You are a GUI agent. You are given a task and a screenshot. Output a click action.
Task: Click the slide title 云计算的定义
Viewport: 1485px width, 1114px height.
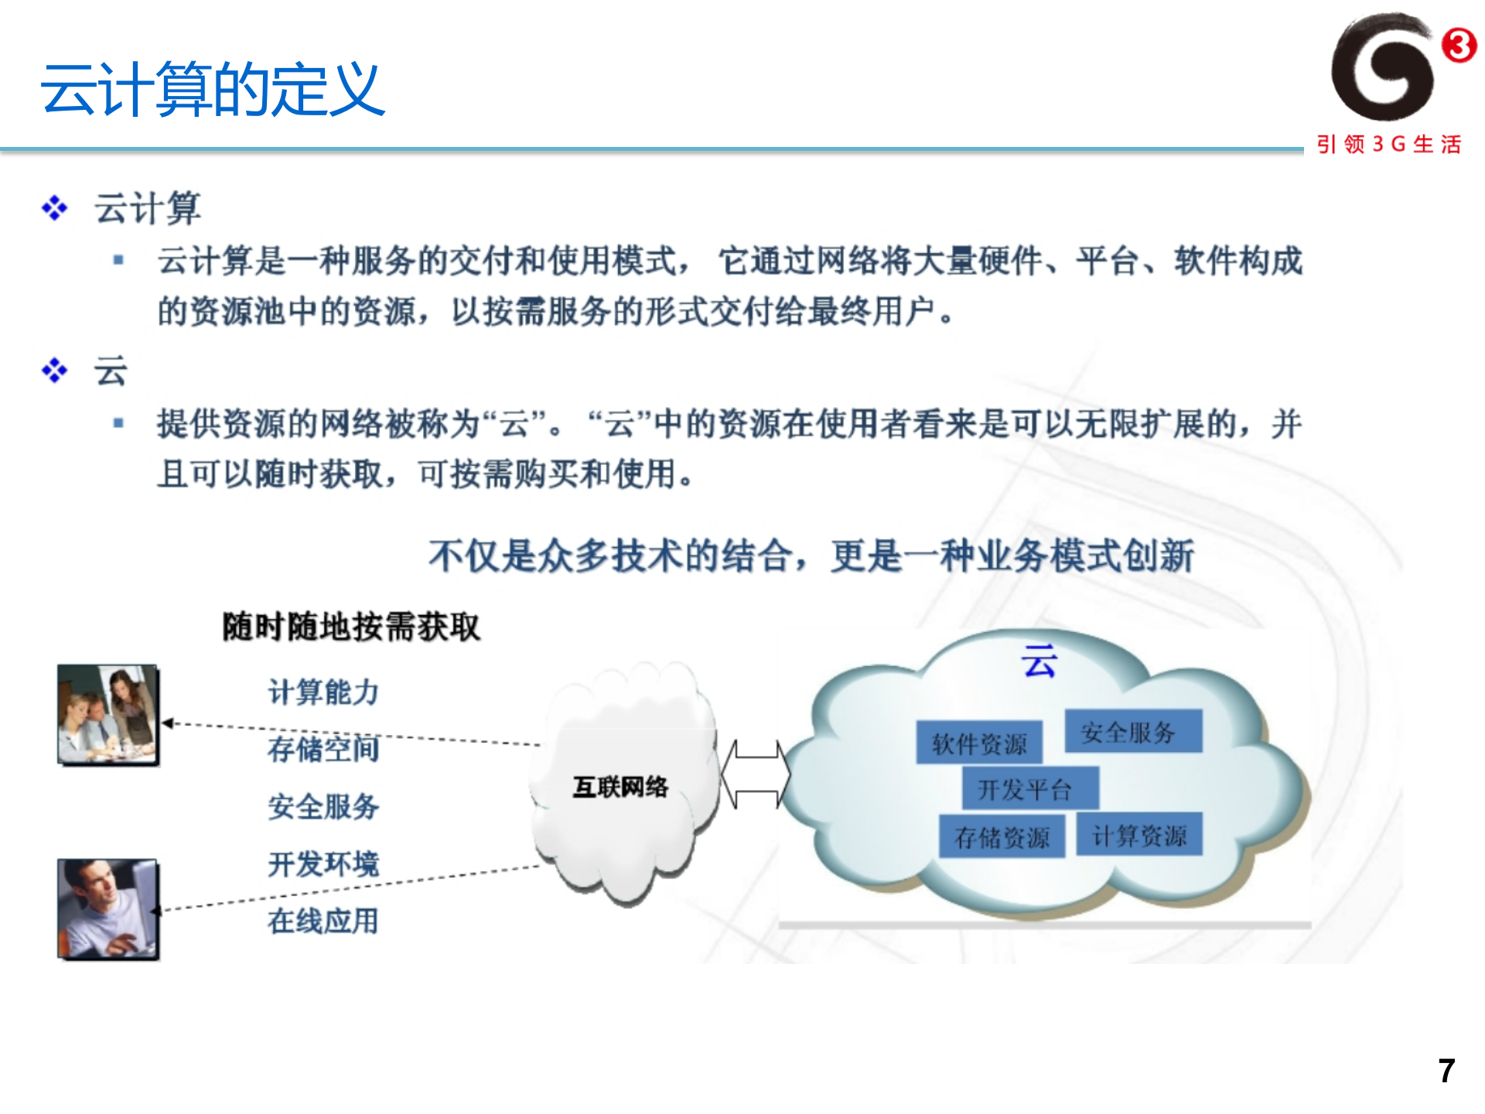click(213, 90)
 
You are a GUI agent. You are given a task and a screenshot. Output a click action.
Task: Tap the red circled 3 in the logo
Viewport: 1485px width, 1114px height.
click(1459, 45)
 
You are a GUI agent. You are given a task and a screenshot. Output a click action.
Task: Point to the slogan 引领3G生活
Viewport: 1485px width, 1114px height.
click(1388, 145)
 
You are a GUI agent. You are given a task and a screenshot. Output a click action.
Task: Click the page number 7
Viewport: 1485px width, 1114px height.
click(1446, 1071)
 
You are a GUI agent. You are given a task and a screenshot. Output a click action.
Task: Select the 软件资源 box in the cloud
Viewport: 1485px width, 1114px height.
click(979, 743)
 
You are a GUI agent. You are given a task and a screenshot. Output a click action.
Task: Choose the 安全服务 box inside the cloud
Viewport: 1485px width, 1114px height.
click(1133, 731)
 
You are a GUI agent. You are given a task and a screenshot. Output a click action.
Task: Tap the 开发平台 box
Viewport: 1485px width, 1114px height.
click(1029, 789)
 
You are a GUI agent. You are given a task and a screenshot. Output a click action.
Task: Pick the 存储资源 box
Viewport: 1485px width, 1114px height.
click(1002, 836)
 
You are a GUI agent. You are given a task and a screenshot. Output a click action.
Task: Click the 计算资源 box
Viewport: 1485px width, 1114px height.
click(1139, 835)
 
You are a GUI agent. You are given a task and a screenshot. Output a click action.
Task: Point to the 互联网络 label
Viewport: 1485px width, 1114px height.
click(620, 787)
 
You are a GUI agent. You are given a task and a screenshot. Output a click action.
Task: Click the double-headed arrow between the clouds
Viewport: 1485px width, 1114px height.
click(755, 774)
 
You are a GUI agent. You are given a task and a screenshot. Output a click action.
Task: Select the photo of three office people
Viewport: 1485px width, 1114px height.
click(108, 715)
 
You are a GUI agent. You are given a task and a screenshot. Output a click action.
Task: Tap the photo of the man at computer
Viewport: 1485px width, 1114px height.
click(108, 909)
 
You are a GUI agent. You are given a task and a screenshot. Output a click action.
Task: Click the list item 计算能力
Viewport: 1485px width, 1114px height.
click(323, 692)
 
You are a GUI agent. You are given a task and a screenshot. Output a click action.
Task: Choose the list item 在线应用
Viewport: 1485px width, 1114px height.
click(323, 921)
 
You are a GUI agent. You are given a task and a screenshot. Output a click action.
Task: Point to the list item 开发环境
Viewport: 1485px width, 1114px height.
click(323, 863)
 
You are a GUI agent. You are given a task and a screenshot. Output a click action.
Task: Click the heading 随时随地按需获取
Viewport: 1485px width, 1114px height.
click(351, 627)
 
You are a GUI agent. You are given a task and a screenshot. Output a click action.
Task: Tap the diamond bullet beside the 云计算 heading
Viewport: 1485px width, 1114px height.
click(55, 207)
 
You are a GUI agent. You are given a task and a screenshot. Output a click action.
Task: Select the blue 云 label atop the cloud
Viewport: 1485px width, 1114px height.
click(1039, 661)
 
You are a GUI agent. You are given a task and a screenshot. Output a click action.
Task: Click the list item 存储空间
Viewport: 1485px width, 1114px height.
click(323, 749)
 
